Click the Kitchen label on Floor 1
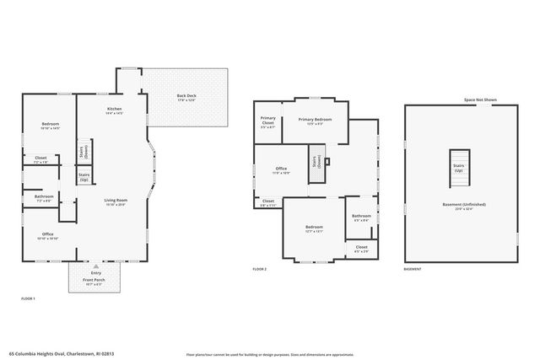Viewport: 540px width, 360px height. pyautogui.click(x=115, y=110)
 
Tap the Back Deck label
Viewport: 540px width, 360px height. pyautogui.click(x=186, y=97)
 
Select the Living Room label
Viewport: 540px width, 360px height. pyautogui.click(x=115, y=201)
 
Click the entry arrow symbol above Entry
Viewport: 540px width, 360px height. pyautogui.click(x=95, y=266)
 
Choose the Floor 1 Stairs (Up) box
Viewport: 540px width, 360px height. pyautogui.click(x=84, y=177)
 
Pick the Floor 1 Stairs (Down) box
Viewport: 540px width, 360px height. pyautogui.click(x=84, y=152)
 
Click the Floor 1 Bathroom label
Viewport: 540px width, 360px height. pyautogui.click(x=45, y=198)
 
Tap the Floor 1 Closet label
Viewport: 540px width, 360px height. pyautogui.click(x=40, y=159)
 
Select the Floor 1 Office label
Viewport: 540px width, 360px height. pyautogui.click(x=48, y=236)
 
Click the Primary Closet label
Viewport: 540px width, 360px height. pyautogui.click(x=267, y=121)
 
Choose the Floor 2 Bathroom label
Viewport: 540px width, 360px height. pyautogui.click(x=361, y=218)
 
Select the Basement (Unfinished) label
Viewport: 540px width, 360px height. pyautogui.click(x=459, y=207)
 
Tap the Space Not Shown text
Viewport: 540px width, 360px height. pyautogui.click(x=480, y=100)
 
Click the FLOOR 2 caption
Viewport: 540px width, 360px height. pyautogui.click(x=260, y=270)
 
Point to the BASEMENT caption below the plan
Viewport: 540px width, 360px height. pyautogui.click(x=413, y=270)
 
